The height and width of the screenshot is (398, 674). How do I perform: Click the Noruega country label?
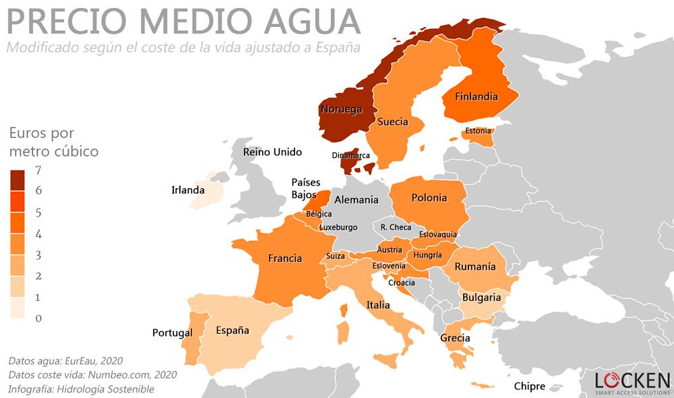coord(341,109)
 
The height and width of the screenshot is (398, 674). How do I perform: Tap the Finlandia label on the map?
coord(476,96)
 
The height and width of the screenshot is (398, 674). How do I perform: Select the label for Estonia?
coord(478,130)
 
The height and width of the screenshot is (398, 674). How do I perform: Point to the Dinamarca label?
coord(351,155)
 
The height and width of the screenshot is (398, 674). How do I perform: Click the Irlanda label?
coord(187,190)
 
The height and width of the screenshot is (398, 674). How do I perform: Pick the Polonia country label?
coord(429,198)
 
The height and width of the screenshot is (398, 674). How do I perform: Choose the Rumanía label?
coord(475,266)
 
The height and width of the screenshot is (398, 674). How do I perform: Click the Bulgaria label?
coord(481,297)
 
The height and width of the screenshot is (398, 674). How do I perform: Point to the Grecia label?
coord(455,338)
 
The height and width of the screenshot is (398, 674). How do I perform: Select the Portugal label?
coord(172,333)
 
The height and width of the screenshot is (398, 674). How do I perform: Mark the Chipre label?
coord(529,387)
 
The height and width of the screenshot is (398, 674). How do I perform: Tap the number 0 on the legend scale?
coord(38,318)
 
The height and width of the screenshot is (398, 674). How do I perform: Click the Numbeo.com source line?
coord(92,374)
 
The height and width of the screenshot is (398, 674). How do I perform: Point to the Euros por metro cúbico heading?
coord(53,142)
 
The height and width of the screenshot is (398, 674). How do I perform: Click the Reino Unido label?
coord(272,152)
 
